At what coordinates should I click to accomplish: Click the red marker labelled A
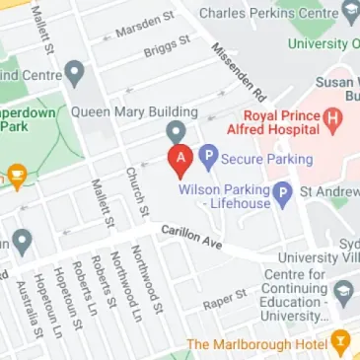click(x=179, y=159)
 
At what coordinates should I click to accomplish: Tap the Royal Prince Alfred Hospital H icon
click(x=332, y=121)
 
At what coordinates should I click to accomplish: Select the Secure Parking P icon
click(x=208, y=155)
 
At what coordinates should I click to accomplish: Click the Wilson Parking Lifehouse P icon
click(x=282, y=192)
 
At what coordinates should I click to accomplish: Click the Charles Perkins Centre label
click(x=265, y=14)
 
